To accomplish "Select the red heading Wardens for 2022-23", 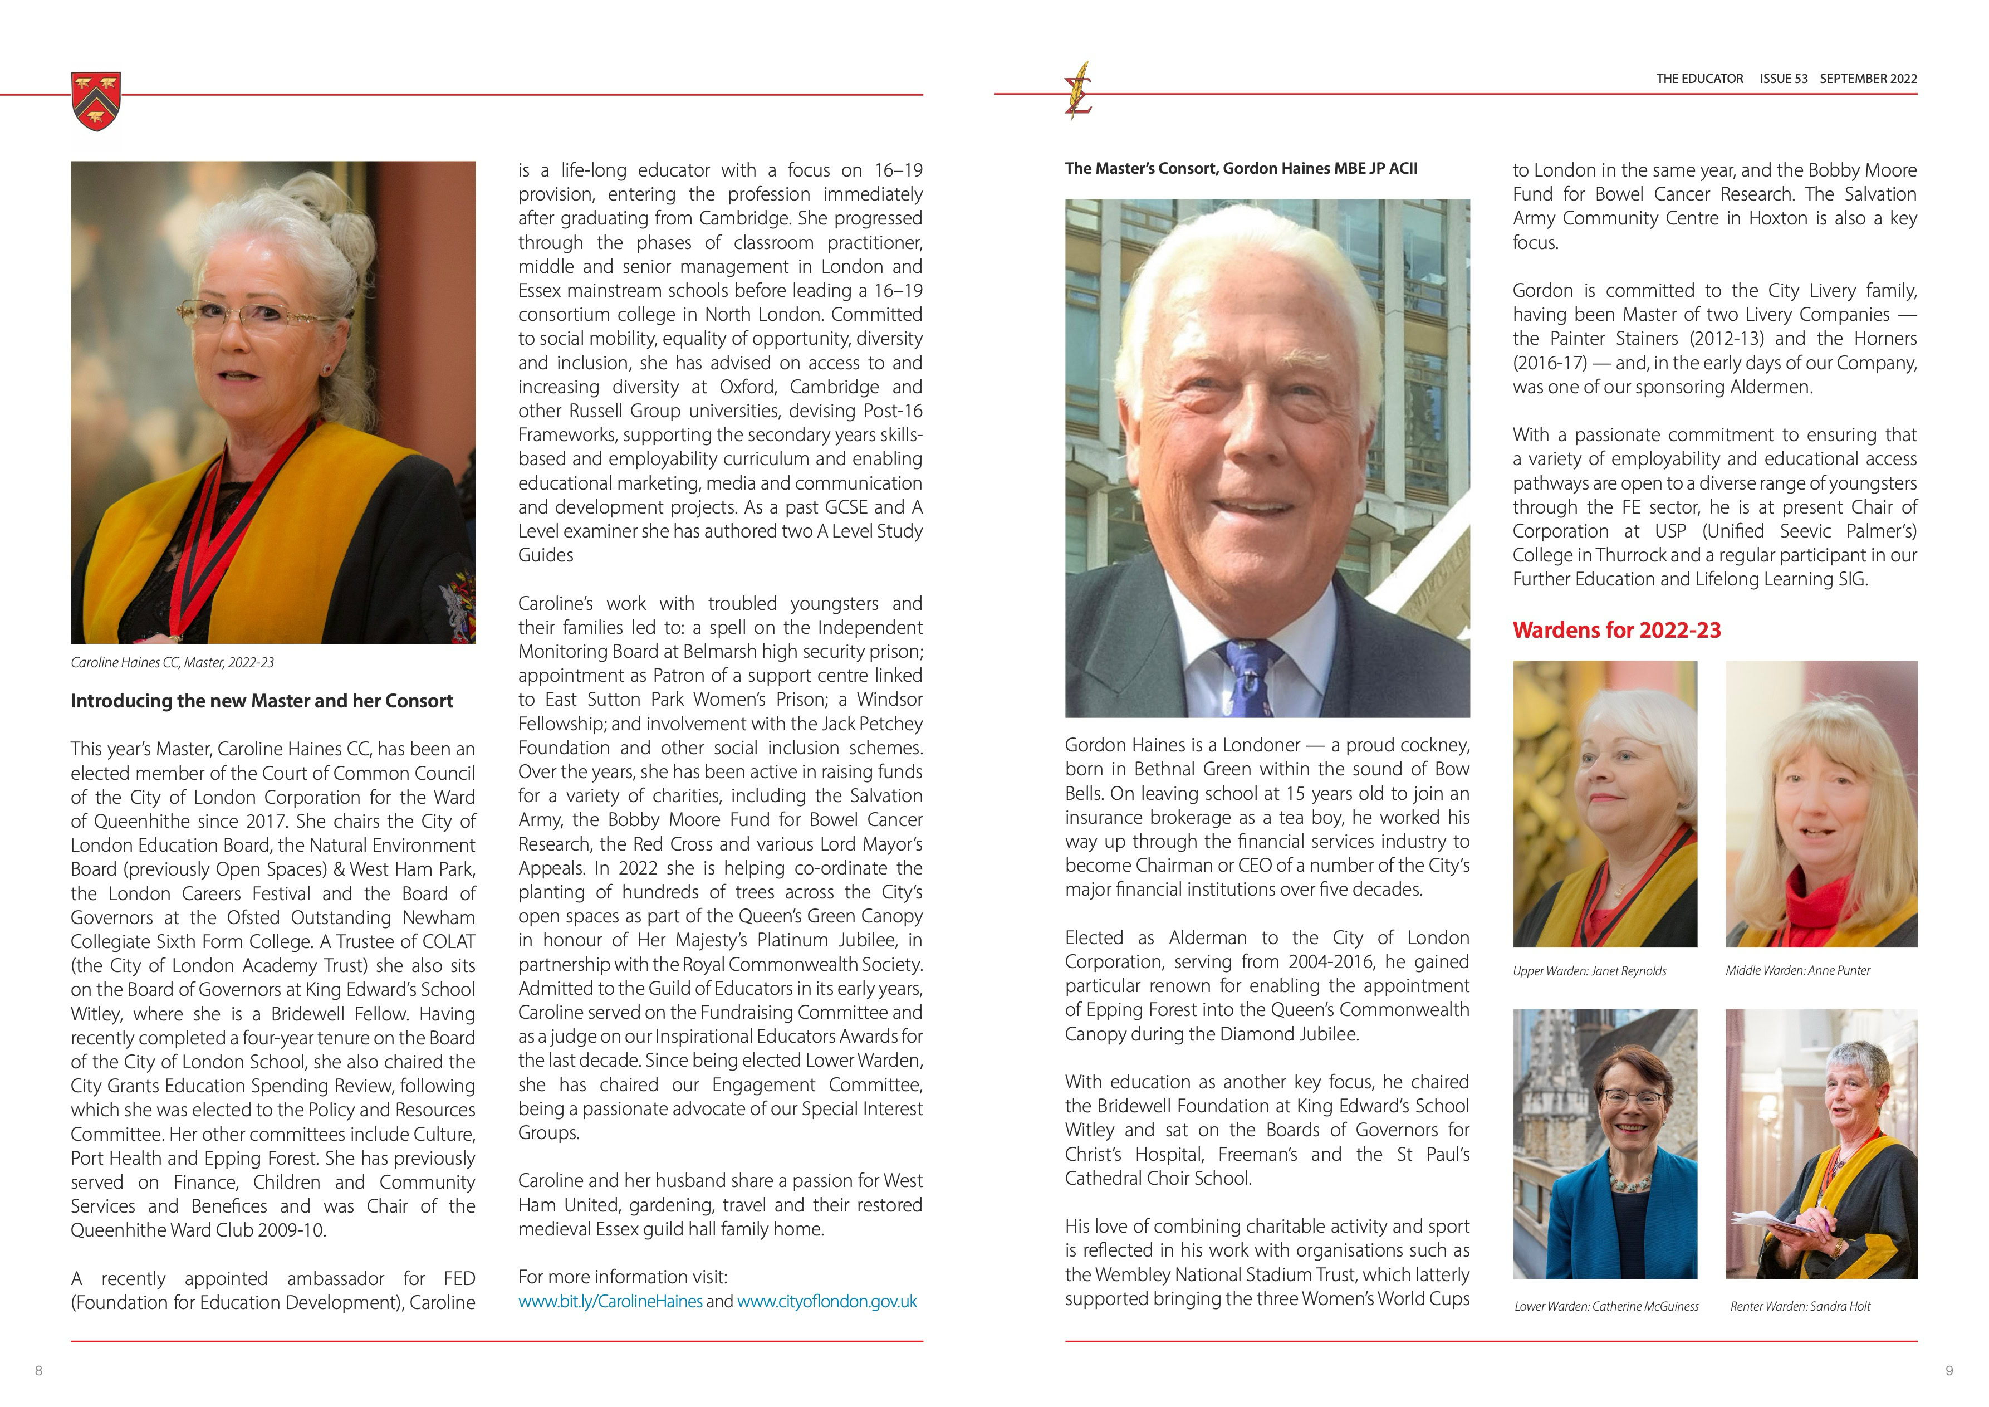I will (x=1616, y=630).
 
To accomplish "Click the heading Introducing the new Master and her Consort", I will (x=262, y=701).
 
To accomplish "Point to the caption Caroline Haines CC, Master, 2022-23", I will (x=173, y=663).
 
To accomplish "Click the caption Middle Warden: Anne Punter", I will (x=1797, y=970).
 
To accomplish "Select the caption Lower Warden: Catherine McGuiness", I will (x=1606, y=1307).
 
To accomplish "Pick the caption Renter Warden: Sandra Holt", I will (x=1800, y=1307).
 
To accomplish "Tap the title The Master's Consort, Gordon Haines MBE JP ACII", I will (x=1241, y=169).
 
